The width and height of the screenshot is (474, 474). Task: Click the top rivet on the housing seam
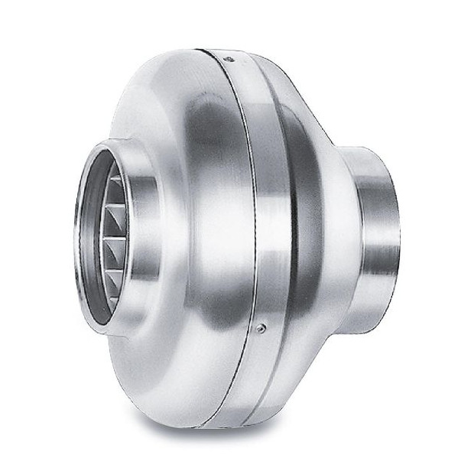(227, 57)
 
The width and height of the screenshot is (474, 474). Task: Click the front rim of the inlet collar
(80, 245)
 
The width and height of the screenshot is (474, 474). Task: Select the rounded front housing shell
(191, 229)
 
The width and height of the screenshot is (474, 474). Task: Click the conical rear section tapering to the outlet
(321, 229)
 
